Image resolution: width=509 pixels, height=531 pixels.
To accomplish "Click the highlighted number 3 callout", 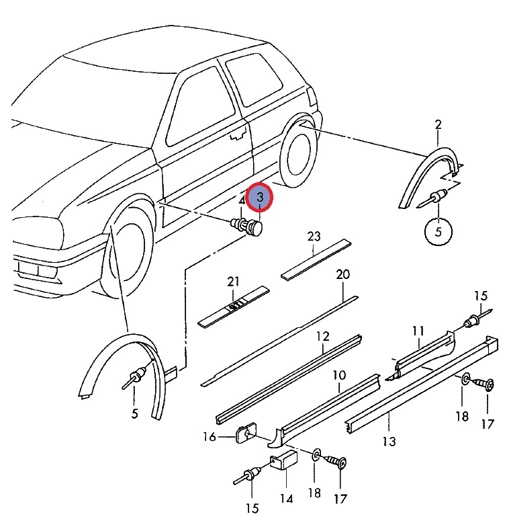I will click(259, 198).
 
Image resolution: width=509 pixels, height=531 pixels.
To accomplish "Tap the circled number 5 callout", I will click(438, 232).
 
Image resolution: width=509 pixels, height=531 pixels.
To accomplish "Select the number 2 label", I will click(438, 124).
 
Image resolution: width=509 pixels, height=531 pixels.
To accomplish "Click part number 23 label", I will click(314, 237).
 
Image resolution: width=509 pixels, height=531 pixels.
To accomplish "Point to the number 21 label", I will click(233, 281).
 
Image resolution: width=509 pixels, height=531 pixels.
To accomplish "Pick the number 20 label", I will click(343, 274).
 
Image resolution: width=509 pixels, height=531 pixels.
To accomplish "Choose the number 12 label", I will click(323, 336).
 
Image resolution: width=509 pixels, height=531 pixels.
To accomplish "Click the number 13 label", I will click(389, 442).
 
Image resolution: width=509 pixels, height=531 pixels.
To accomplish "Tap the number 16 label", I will click(210, 438).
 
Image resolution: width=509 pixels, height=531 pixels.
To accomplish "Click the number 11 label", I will click(418, 331).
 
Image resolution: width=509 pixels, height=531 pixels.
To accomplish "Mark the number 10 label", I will click(339, 374).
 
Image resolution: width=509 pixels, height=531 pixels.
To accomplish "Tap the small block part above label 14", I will click(283, 464).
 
